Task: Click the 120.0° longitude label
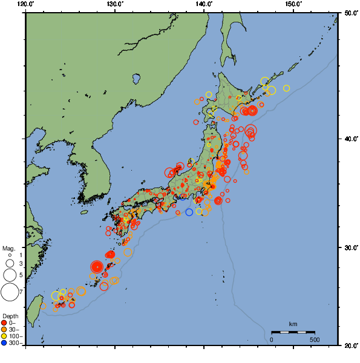tap(25, 4)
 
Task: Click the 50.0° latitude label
tap(350, 12)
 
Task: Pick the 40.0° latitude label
tap(350, 139)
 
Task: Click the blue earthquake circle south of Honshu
tap(189, 212)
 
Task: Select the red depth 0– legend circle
tap(5, 323)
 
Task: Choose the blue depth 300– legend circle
tap(5, 343)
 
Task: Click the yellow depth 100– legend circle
tap(5, 336)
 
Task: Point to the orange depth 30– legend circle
tap(5, 330)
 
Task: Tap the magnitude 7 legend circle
tap(9, 292)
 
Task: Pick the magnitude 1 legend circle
tap(10, 255)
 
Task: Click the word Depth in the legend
tap(10, 316)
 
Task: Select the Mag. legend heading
tap(8, 248)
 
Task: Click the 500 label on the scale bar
tap(315, 339)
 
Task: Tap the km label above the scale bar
tap(293, 324)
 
